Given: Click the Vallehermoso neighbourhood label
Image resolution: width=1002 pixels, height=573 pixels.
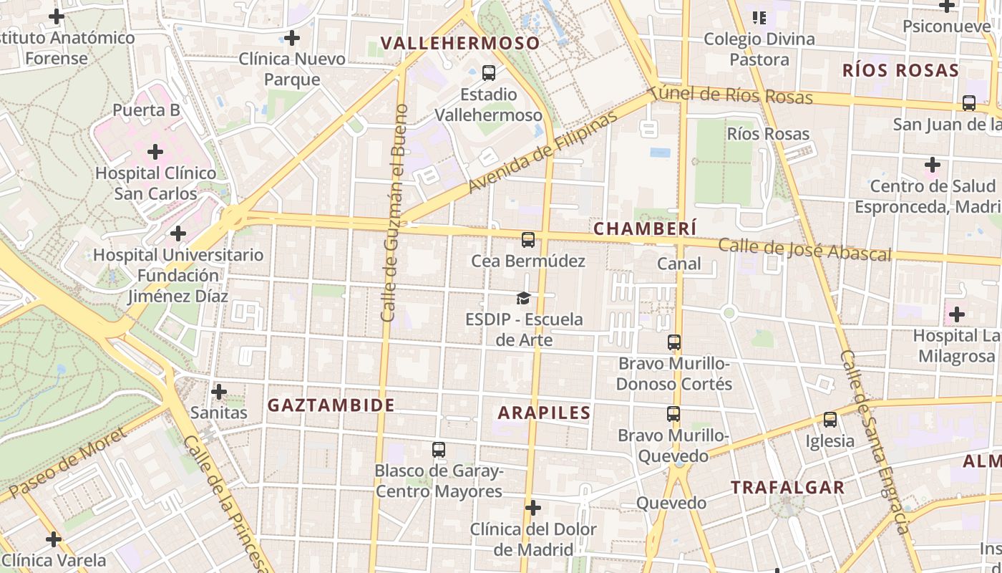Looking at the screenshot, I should coord(460,43).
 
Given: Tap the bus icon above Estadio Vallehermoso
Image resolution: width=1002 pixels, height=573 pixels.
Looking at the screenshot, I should coord(489,72).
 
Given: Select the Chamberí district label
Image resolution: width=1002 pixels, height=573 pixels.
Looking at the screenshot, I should coord(645,228).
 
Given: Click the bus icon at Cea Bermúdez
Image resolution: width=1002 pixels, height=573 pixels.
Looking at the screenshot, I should coord(528,240).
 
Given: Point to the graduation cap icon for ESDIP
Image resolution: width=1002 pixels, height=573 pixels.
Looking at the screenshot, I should coord(524,298).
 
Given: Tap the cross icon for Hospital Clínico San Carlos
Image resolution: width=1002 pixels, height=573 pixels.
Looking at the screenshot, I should coord(155,152).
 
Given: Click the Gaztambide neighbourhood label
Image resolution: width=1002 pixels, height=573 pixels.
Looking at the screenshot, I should coord(331,405).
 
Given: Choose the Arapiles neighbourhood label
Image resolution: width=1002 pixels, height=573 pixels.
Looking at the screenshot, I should coord(544,413).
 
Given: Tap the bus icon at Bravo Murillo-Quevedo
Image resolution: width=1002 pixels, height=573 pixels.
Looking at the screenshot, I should coord(673,414).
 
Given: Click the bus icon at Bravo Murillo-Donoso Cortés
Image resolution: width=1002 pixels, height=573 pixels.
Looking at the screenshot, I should coord(673,342).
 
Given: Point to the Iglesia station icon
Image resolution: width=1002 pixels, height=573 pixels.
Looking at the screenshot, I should coord(830,420).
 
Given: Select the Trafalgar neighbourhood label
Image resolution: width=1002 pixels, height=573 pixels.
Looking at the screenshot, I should coord(787,488).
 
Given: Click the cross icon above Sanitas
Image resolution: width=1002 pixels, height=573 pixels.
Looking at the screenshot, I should coord(219,392).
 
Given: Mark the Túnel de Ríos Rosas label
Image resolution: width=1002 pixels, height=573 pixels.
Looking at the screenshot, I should coord(731,95).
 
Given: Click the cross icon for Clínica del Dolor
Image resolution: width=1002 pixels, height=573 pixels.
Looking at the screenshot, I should coord(533,508).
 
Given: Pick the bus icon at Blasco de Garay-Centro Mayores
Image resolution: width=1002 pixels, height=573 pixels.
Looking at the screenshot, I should coord(439,450).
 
